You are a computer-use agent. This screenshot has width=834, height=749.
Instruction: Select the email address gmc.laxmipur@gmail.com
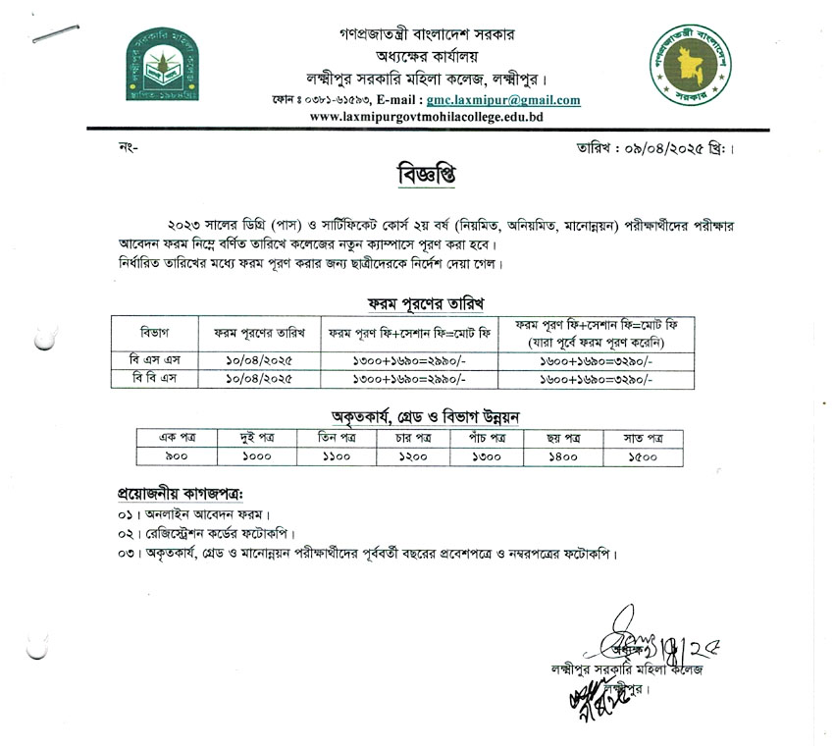[x=502, y=100]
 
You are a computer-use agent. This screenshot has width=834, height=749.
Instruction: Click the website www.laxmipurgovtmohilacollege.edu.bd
[x=426, y=117]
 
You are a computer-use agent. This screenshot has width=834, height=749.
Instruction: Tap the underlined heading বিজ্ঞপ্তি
[x=413, y=175]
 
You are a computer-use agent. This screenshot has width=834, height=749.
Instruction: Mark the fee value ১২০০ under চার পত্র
[x=406, y=456]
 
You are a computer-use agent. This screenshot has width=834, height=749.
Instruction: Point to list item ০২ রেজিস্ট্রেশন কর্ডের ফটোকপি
[x=210, y=533]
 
